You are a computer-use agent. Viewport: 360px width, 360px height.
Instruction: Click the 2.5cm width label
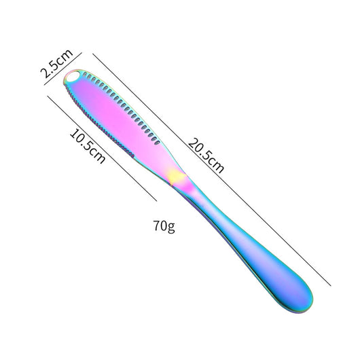pos(56,64)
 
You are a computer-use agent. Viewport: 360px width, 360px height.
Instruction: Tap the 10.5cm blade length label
pos(88,146)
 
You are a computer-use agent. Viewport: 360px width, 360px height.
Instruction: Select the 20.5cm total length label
pos(206,155)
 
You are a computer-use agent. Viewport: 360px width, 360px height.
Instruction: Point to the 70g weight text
pos(164,226)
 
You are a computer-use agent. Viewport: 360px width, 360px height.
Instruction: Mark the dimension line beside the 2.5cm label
pos(63,69)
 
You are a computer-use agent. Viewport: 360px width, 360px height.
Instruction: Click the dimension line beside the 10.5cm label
pos(102,148)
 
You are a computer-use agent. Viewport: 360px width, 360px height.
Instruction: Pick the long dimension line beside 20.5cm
pos(212,170)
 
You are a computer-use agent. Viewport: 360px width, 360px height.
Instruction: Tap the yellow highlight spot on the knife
pos(176,177)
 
